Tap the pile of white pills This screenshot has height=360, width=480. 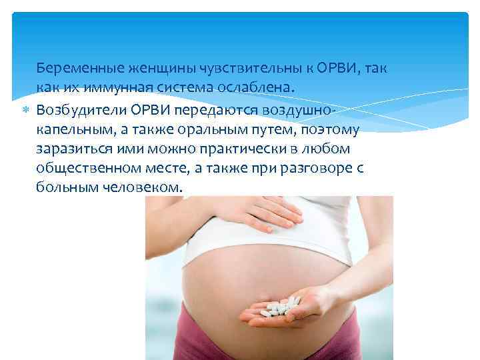click(278, 307)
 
